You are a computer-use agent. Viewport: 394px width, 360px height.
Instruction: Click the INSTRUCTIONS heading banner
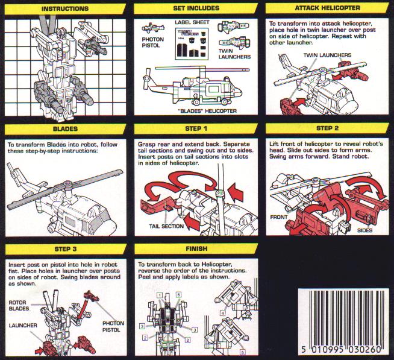click(x=65, y=8)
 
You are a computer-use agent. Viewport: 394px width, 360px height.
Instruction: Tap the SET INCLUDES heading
click(x=196, y=8)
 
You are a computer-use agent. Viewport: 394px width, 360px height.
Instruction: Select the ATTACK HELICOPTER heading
click(x=327, y=8)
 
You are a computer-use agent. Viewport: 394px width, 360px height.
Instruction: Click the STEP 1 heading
click(x=196, y=128)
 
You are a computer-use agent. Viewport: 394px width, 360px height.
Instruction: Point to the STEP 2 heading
click(x=327, y=128)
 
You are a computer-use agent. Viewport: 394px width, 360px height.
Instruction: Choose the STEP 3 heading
click(x=65, y=249)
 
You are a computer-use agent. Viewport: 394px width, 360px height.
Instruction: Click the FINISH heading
click(x=196, y=248)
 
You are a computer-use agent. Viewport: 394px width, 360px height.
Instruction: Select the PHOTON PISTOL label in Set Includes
click(x=153, y=43)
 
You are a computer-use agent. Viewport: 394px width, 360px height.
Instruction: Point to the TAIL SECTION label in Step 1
click(x=166, y=226)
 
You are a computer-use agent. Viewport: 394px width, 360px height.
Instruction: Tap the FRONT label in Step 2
click(x=279, y=217)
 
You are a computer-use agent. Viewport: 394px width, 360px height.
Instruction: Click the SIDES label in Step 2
click(x=365, y=230)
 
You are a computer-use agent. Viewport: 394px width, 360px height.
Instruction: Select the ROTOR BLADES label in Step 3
click(x=19, y=305)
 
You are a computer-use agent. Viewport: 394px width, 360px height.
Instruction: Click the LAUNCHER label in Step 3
click(x=23, y=326)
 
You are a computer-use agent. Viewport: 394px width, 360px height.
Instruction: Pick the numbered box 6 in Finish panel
click(x=179, y=295)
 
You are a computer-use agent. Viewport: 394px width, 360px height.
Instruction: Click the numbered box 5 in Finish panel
click(x=242, y=352)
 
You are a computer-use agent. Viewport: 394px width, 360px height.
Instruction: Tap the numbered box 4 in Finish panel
click(x=223, y=313)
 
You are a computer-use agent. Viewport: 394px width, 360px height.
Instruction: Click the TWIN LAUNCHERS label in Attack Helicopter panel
click(x=327, y=55)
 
